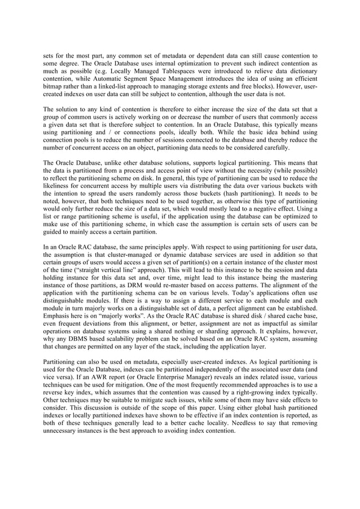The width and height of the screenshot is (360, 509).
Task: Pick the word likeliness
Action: point(59,184)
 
